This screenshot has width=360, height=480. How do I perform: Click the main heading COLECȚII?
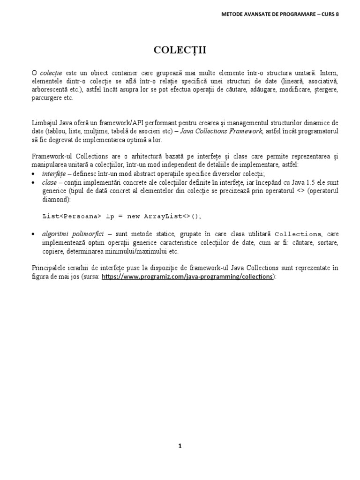180,51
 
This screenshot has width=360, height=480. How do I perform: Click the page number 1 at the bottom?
180,446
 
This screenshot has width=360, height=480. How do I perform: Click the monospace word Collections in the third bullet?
298,234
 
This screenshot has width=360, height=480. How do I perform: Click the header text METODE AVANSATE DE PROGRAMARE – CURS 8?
280,14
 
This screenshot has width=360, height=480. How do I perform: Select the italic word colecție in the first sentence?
52,74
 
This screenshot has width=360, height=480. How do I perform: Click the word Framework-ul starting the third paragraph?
51,156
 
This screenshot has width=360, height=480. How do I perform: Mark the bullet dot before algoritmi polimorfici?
34,234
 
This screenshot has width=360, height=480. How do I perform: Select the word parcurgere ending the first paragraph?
46,98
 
